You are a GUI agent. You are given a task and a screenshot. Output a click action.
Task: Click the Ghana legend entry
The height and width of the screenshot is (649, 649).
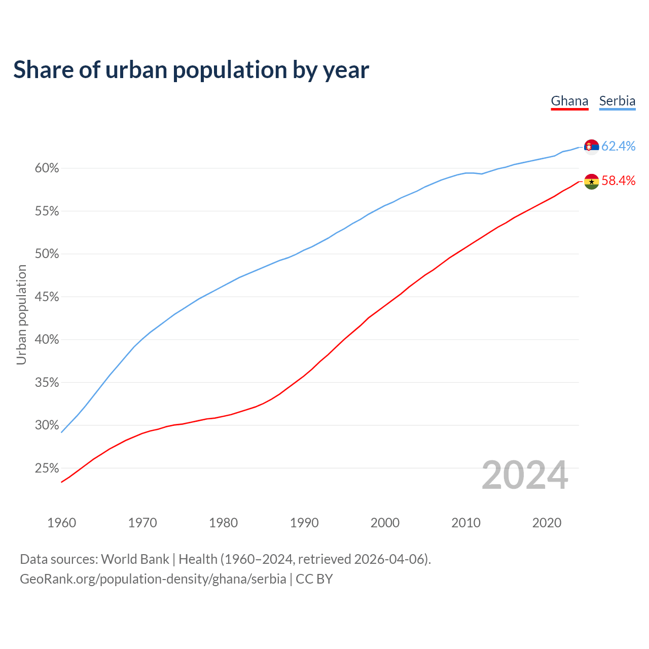click(x=569, y=101)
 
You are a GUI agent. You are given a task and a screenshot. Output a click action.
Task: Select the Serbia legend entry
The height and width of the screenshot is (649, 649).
click(x=617, y=101)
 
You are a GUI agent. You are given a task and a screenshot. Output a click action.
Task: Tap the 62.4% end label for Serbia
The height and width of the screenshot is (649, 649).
click(x=618, y=146)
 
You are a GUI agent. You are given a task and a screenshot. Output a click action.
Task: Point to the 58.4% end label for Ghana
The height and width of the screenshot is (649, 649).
click(x=618, y=181)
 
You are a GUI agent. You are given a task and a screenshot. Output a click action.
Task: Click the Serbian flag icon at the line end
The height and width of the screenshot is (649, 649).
click(x=591, y=147)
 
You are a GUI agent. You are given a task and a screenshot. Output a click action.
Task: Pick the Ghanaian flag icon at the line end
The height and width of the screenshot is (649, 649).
click(x=591, y=182)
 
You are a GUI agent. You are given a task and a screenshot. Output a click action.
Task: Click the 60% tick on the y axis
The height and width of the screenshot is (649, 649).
click(x=47, y=168)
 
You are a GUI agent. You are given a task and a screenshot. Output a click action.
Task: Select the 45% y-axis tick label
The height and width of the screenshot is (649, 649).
click(x=47, y=297)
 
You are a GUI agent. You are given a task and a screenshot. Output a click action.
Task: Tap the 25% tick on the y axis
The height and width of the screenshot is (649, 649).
click(x=47, y=468)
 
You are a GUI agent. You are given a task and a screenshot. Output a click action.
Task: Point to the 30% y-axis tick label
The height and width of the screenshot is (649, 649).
click(x=47, y=425)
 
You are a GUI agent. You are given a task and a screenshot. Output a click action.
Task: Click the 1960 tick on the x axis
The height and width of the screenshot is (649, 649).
click(x=61, y=523)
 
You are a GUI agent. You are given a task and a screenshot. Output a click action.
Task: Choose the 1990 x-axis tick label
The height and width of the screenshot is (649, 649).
click(x=304, y=523)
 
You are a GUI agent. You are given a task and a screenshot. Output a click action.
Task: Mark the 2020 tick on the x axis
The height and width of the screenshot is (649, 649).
click(x=547, y=523)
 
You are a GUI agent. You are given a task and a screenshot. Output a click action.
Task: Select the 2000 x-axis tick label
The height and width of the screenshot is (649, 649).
click(x=385, y=523)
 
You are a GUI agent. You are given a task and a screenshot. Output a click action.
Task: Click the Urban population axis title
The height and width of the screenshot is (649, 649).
click(x=21, y=314)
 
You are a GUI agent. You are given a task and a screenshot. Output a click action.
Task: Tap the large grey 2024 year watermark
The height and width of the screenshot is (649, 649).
click(x=525, y=476)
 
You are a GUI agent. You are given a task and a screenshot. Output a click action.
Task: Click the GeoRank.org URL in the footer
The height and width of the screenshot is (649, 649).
click(x=153, y=579)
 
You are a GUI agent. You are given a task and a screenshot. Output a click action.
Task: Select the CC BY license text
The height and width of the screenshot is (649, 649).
click(x=314, y=579)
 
